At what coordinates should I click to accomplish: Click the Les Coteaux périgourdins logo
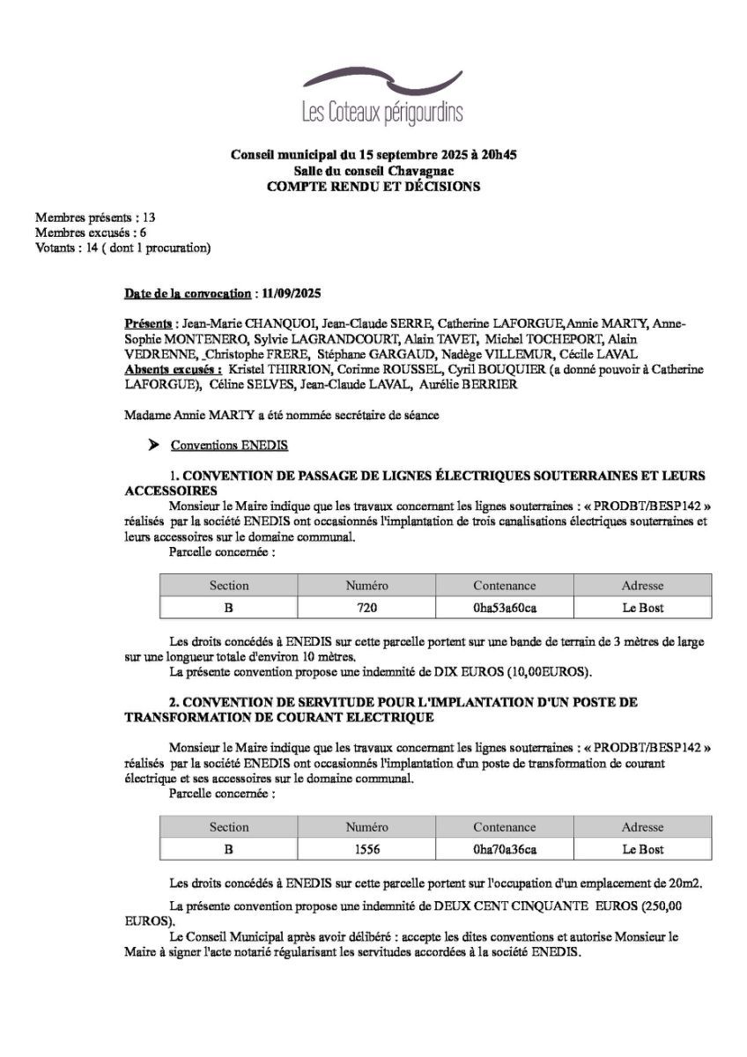click(381, 97)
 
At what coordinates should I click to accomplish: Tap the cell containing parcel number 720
click(366, 608)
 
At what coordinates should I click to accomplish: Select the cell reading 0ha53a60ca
click(504, 608)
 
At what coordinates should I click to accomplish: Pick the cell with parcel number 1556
click(366, 849)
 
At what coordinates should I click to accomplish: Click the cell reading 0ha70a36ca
click(504, 849)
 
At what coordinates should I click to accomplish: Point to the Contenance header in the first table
click(504, 585)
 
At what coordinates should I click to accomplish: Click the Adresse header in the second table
click(642, 827)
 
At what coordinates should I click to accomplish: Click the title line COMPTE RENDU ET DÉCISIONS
click(373, 187)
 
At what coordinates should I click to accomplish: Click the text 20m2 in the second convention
click(687, 883)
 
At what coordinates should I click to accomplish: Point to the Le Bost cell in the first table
click(642, 608)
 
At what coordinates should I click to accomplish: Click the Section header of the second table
click(229, 827)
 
